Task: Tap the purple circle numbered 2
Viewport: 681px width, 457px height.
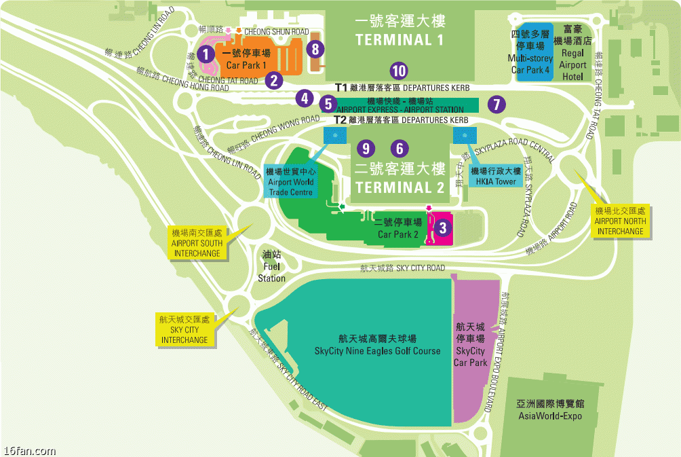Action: tap(274, 80)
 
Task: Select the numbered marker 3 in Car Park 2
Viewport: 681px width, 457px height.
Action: tap(443, 228)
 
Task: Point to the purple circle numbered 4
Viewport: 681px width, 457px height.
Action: tap(305, 98)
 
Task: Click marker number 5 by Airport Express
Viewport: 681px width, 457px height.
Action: tap(328, 104)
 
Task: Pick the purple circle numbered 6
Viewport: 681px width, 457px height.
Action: tap(400, 148)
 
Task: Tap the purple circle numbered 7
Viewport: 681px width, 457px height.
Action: tap(497, 104)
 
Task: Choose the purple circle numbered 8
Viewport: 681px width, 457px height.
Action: tap(315, 49)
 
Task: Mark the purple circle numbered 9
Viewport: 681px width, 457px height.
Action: tap(366, 148)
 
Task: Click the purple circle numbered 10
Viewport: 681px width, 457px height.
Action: tap(398, 70)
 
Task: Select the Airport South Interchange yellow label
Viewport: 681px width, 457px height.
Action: tap(197, 243)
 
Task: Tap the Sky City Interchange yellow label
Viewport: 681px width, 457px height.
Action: tap(184, 329)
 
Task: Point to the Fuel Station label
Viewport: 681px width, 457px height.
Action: tap(272, 267)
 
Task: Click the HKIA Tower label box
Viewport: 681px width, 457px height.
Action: tap(496, 177)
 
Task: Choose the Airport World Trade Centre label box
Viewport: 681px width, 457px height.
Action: tap(291, 181)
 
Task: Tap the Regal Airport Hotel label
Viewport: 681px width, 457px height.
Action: tap(573, 53)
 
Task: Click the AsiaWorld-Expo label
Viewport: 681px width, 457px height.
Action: tap(550, 409)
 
